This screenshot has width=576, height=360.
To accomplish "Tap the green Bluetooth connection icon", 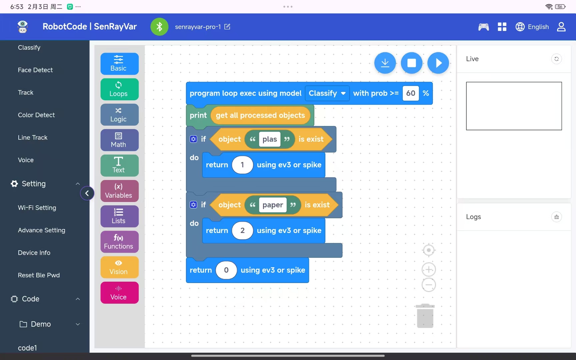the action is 159,27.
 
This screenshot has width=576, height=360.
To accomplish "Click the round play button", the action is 438,63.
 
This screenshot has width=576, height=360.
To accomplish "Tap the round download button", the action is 385,63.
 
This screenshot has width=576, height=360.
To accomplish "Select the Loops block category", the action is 119,89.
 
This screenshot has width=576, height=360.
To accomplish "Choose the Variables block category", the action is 119,191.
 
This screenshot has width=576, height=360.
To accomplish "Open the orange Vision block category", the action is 119,267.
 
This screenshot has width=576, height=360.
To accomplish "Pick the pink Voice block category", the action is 119,293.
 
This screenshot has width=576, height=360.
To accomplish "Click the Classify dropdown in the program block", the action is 327,93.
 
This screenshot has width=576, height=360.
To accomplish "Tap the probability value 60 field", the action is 411,93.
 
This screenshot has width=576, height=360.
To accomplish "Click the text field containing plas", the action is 270,139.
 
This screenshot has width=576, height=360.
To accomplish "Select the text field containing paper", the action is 273,205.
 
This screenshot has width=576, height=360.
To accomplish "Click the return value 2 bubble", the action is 242,231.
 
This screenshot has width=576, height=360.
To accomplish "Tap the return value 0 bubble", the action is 226,270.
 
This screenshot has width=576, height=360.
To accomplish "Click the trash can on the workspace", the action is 425,316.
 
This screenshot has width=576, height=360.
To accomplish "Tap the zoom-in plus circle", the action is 429,269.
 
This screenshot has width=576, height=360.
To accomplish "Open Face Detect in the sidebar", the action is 35,70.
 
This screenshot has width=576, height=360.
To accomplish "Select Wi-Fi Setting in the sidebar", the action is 37,208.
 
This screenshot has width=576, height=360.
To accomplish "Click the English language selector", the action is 532,27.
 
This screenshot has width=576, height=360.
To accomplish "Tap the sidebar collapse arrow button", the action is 87,193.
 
